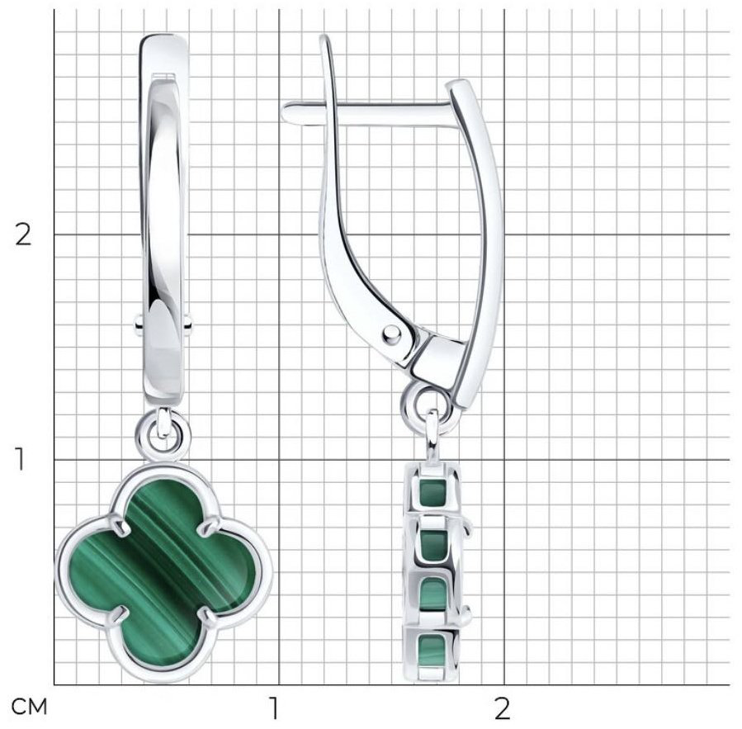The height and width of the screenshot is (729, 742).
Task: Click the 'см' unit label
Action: pyautogui.click(x=30, y=708)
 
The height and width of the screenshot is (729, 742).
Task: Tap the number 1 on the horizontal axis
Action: pyautogui.click(x=273, y=708)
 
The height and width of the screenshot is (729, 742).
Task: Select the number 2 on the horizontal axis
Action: pyautogui.click(x=503, y=708)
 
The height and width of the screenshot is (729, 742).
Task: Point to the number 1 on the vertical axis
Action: pyautogui.click(x=20, y=459)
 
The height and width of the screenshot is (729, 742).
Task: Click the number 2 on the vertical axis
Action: pyautogui.click(x=23, y=234)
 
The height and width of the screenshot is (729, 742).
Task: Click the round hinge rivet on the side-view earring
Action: pyautogui.click(x=390, y=334)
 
